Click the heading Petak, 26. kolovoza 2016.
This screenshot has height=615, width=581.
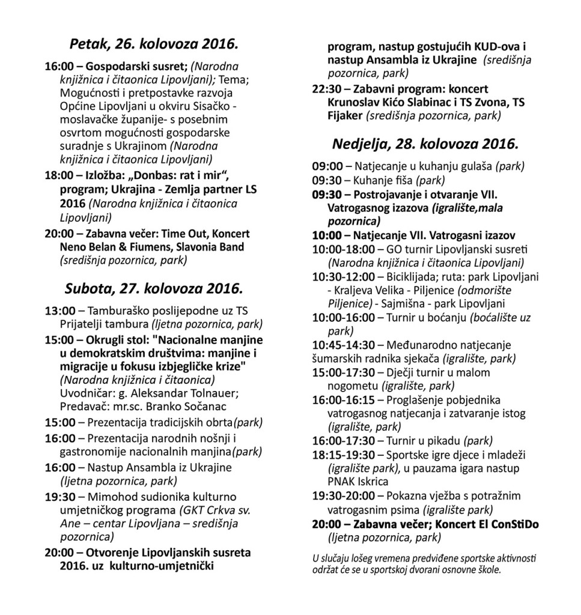click(x=154, y=44)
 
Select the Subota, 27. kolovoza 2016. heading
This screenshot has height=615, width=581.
click(x=154, y=288)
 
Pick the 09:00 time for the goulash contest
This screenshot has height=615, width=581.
click(x=327, y=166)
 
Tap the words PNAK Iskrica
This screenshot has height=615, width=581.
click(x=359, y=482)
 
